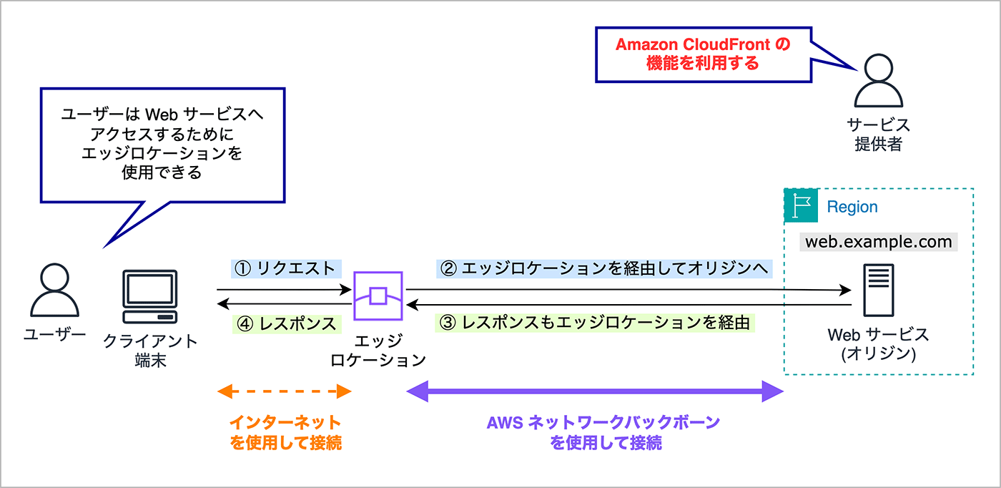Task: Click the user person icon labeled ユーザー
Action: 54,290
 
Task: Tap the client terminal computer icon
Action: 149,297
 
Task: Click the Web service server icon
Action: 877,291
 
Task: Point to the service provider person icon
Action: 878,81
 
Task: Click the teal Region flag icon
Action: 801,206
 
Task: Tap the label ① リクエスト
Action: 286,268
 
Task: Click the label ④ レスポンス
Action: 286,323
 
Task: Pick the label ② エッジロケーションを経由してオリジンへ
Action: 604,268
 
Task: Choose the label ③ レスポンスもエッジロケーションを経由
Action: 595,323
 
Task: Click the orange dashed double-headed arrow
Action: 284,391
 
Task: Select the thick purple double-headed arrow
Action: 595,391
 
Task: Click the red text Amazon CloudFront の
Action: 703,45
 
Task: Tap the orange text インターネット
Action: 285,423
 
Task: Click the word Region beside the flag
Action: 852,207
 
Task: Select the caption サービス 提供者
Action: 878,135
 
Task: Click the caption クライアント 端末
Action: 150,350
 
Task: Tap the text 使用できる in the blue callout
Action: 162,172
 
